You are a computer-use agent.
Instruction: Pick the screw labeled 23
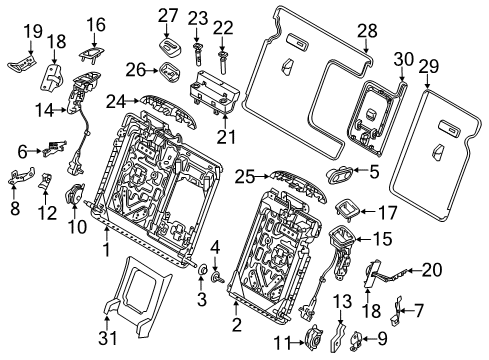pyautogui.click(x=196, y=45)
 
